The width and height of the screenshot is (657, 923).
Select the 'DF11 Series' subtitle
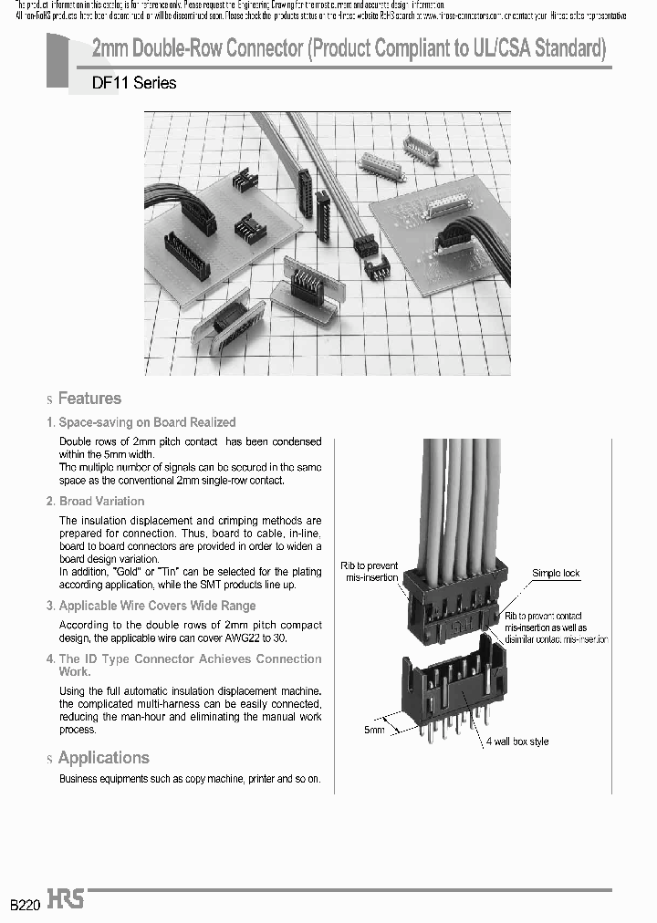tap(134, 83)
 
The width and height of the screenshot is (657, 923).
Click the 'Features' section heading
tap(89, 399)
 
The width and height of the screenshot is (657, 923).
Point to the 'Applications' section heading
tap(103, 758)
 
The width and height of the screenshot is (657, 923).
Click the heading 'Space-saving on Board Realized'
tap(147, 422)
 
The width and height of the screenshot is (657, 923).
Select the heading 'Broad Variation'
tap(101, 501)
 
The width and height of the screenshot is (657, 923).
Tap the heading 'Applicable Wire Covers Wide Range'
tap(157, 606)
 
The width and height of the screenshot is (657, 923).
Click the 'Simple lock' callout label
tap(556, 574)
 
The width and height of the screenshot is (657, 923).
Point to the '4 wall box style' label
tap(516, 742)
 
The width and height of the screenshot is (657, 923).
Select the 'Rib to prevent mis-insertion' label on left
tap(370, 571)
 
